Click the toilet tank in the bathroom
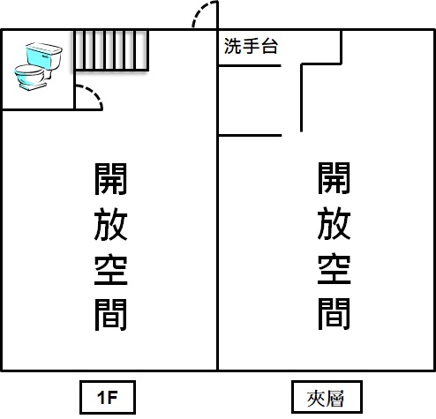click(44, 56)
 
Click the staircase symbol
click(111, 50)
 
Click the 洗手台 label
click(251, 46)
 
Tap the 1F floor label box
click(108, 397)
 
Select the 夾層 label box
click(327, 397)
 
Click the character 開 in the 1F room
click(110, 179)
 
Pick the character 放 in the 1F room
click(110, 224)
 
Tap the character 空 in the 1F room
click(110, 269)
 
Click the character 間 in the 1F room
click(110, 315)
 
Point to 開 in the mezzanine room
click(334, 178)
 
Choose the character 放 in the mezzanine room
click(334, 223)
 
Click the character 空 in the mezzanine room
click(334, 268)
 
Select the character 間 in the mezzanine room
click(334, 314)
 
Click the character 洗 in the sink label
click(233, 46)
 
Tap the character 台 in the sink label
click(269, 46)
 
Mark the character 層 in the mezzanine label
click(335, 399)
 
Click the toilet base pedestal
click(33, 86)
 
